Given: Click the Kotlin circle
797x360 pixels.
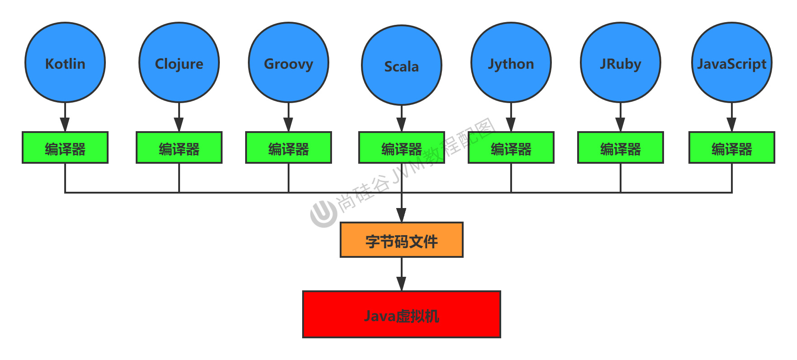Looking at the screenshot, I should point(65,62).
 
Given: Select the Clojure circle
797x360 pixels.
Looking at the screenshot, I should point(179,62).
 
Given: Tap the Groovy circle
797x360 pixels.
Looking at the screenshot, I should point(289,62).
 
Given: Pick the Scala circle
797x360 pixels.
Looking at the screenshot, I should point(402,65).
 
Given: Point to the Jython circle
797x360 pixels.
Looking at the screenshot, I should point(511,62).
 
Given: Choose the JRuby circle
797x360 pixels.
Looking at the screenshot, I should point(621,62).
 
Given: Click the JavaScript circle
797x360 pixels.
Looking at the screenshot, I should point(732,62).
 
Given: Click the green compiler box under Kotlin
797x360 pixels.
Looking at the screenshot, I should point(65,147).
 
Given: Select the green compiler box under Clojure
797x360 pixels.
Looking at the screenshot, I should point(179,147).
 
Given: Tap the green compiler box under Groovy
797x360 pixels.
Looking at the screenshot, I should point(289,147).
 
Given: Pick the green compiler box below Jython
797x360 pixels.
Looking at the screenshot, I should point(511,147).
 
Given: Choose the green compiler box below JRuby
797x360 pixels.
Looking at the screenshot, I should point(621,147).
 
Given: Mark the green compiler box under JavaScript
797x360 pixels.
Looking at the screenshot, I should point(732,147).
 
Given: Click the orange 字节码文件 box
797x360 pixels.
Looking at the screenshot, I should point(402,240).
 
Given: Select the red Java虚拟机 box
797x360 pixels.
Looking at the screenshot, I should point(402,314).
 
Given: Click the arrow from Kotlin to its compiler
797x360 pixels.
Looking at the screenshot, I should point(65,118).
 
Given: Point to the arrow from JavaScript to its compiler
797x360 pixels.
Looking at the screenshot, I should point(732,118).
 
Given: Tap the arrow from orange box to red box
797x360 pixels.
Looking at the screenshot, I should point(402,275).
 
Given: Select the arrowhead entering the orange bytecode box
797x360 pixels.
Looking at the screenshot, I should point(402,215).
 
